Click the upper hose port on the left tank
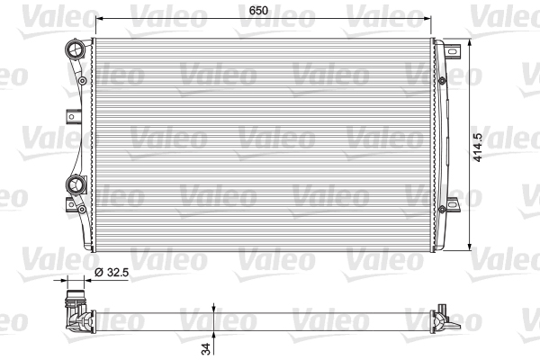76,49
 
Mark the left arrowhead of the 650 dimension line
99,17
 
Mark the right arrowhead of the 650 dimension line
428,17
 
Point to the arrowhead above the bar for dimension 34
212,306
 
